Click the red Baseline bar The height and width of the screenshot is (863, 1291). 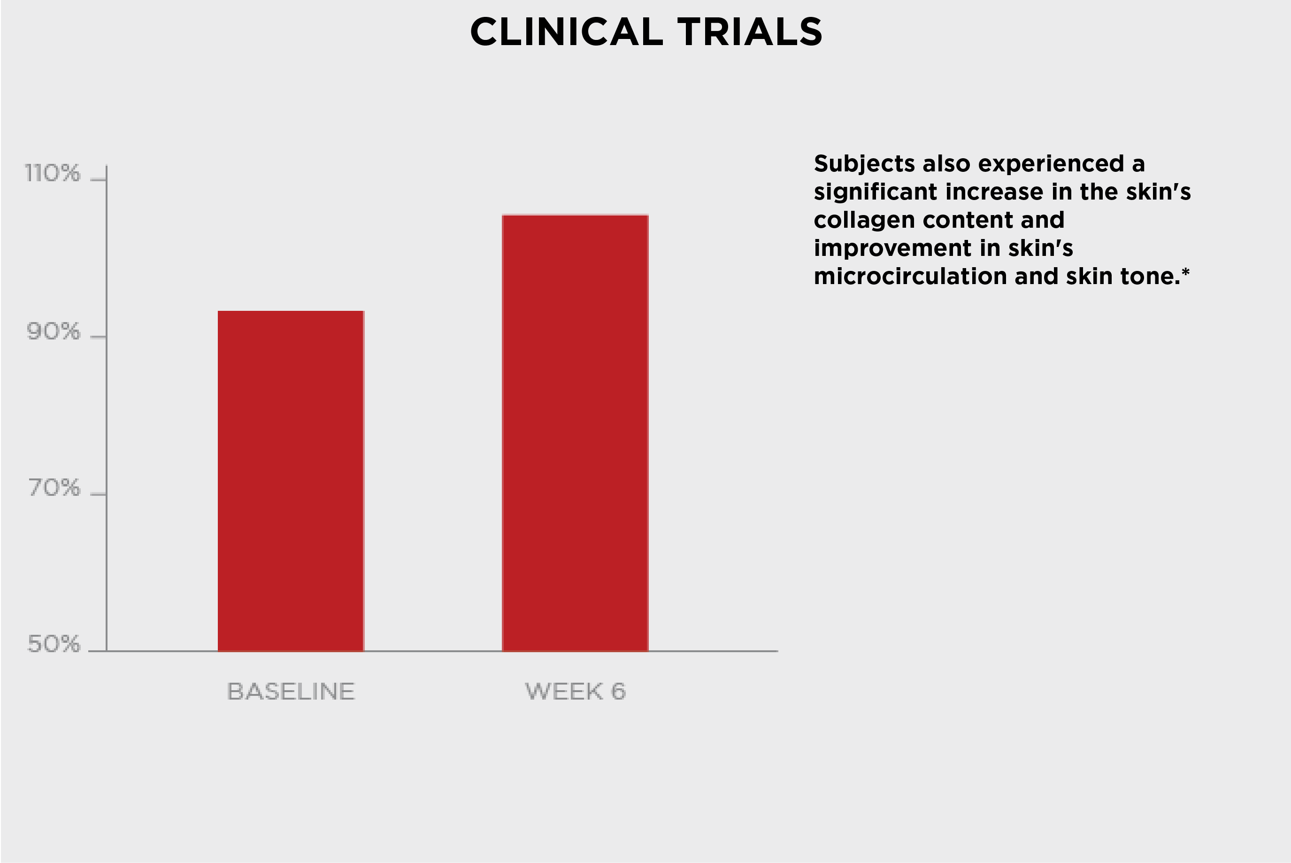(291, 481)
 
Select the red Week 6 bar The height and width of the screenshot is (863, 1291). (575, 433)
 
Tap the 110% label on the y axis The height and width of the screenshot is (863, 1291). (52, 173)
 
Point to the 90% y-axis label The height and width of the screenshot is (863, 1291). (54, 331)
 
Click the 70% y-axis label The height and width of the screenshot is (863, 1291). (54, 488)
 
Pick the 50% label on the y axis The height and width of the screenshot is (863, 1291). (54, 643)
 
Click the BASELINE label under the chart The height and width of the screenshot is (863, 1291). (291, 691)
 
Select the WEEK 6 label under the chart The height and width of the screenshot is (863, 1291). (576, 691)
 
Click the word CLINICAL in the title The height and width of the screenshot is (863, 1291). (567, 31)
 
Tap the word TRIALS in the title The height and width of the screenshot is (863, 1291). (750, 31)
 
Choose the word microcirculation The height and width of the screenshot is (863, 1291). (910, 276)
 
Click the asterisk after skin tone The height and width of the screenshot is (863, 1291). (1185, 271)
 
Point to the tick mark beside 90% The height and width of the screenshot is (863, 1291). (98, 336)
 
